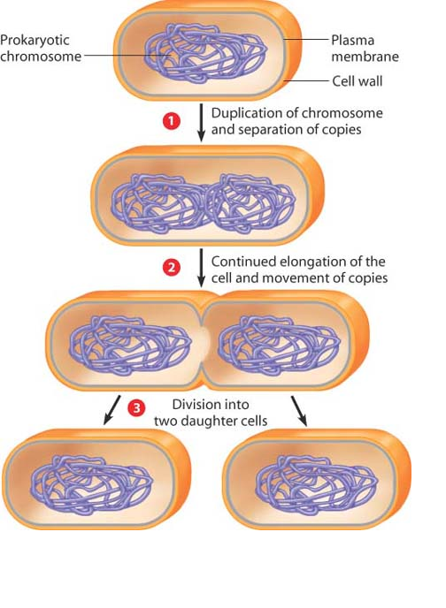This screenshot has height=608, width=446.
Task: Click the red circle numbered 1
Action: click(x=171, y=121)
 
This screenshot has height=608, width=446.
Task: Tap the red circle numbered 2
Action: click(x=171, y=268)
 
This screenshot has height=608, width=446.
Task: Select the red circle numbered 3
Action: click(x=136, y=408)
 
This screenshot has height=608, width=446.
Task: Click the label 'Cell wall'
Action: click(x=358, y=81)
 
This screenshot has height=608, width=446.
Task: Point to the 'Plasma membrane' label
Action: click(x=365, y=48)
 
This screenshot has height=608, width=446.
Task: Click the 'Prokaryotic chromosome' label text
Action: click(x=41, y=48)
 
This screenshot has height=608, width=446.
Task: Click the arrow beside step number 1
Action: click(x=201, y=123)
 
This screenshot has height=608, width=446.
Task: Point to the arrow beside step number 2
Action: click(x=201, y=268)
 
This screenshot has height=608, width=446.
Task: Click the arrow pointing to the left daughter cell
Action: click(x=111, y=410)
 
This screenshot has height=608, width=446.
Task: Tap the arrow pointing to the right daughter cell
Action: click(x=299, y=411)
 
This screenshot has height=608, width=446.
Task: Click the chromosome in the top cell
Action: click(x=205, y=54)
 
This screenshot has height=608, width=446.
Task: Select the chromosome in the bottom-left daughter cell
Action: click(x=92, y=485)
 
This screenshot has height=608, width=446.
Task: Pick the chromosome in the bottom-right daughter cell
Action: click(x=317, y=485)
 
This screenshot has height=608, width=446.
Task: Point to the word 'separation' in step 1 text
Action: click(x=267, y=130)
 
